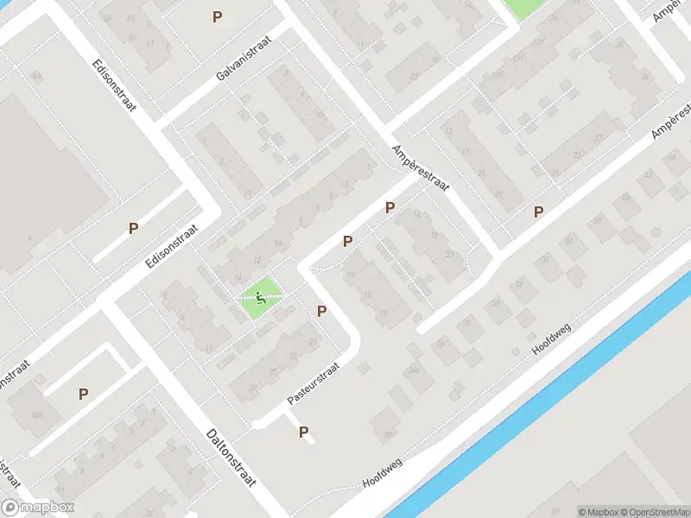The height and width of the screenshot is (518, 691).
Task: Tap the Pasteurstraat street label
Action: point(314,384)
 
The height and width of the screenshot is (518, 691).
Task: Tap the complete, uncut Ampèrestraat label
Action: point(422,168)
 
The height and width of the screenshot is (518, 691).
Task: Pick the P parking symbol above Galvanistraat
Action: point(217,16)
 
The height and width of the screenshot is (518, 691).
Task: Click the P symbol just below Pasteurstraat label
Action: point(304,432)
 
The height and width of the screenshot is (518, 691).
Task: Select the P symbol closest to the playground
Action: point(321,311)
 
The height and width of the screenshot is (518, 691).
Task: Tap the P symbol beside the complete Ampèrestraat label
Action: point(390,207)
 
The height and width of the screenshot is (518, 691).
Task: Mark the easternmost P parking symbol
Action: point(539,212)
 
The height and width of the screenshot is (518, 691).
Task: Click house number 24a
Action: point(415,370)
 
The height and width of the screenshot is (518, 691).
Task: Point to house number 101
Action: point(37,414)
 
